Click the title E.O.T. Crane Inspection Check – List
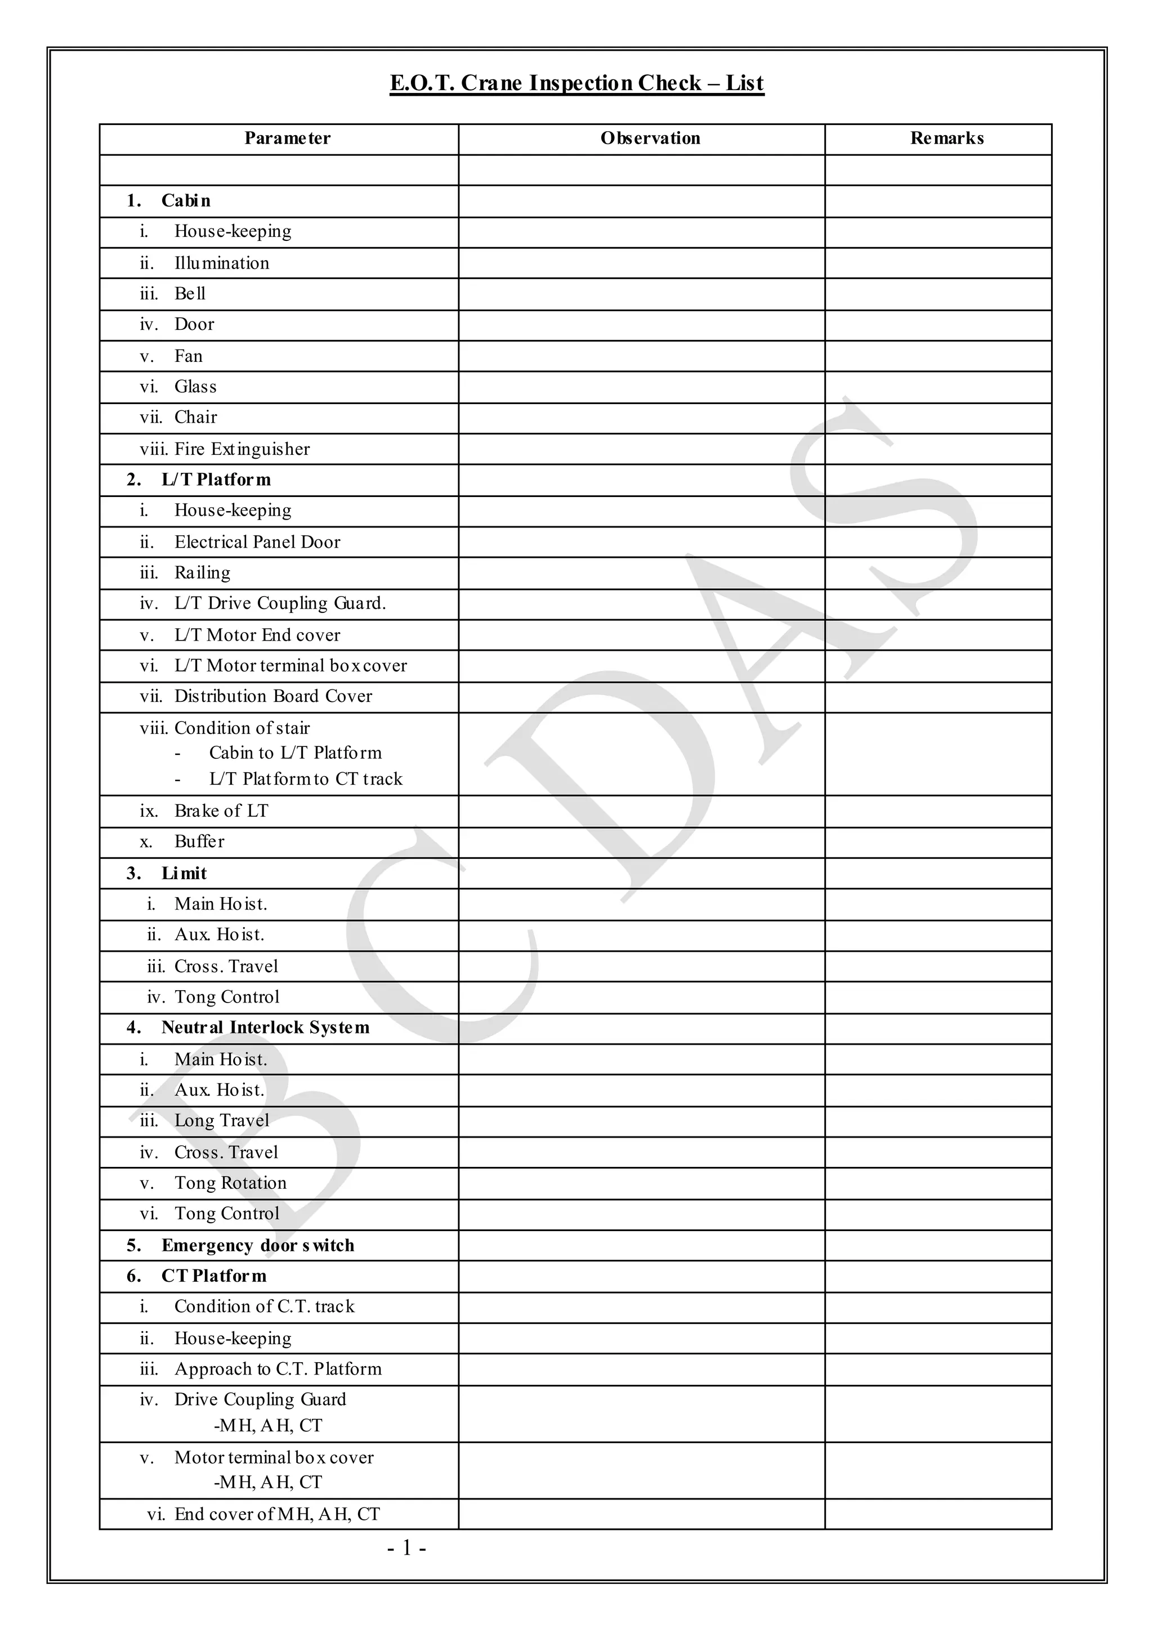576,84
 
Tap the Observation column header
650,138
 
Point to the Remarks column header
946,138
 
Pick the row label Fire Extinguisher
242,449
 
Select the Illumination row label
221,263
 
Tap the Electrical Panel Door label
257,542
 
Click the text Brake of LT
221,811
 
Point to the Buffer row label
199,842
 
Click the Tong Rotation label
230,1183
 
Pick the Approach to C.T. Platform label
278,1369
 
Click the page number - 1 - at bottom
406,1548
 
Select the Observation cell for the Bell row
641,294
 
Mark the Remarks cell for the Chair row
937,418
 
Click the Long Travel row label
221,1121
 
